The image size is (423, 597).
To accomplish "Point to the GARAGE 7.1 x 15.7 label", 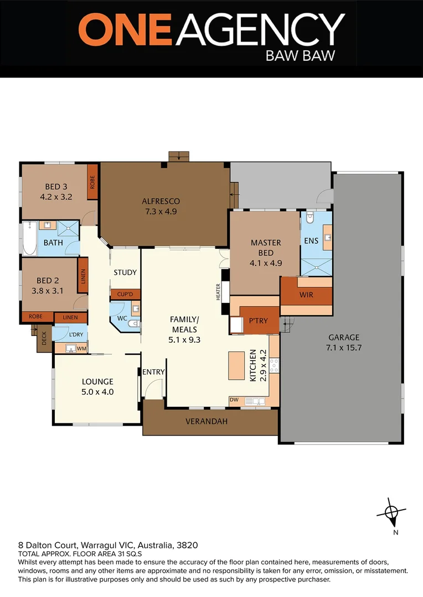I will [x=343, y=342].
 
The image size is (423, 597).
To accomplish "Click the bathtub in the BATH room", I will [x=29, y=238].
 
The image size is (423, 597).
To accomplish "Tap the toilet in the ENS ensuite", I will [x=310, y=218].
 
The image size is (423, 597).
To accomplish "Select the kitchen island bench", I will [x=238, y=365].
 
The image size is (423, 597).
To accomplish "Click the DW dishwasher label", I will [x=235, y=400].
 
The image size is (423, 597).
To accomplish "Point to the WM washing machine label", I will [x=81, y=348].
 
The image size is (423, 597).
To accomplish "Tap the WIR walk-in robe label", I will [x=306, y=295].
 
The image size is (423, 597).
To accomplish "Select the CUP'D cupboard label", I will [x=125, y=295].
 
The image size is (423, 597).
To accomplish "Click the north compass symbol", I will [x=392, y=513].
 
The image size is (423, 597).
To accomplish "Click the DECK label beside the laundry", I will [x=44, y=338].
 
